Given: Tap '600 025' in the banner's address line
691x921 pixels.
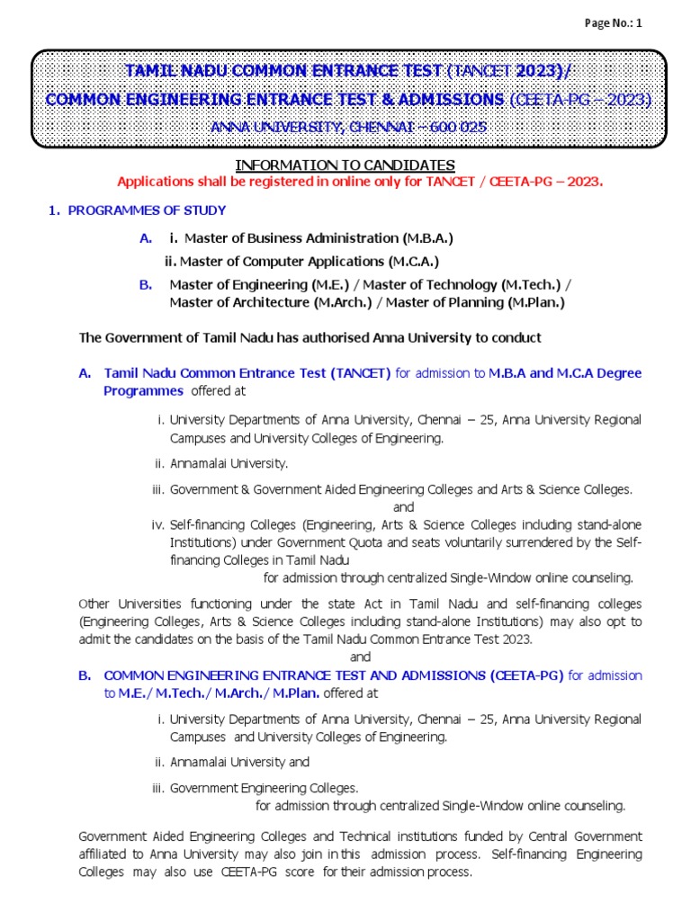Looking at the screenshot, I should (458, 127).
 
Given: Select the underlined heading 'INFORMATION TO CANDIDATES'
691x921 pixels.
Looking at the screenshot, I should (345, 165).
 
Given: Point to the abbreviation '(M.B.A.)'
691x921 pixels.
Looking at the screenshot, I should (426, 238).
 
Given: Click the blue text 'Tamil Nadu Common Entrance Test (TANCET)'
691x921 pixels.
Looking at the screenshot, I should (247, 372).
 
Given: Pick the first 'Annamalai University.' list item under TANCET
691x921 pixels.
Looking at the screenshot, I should (229, 464).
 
